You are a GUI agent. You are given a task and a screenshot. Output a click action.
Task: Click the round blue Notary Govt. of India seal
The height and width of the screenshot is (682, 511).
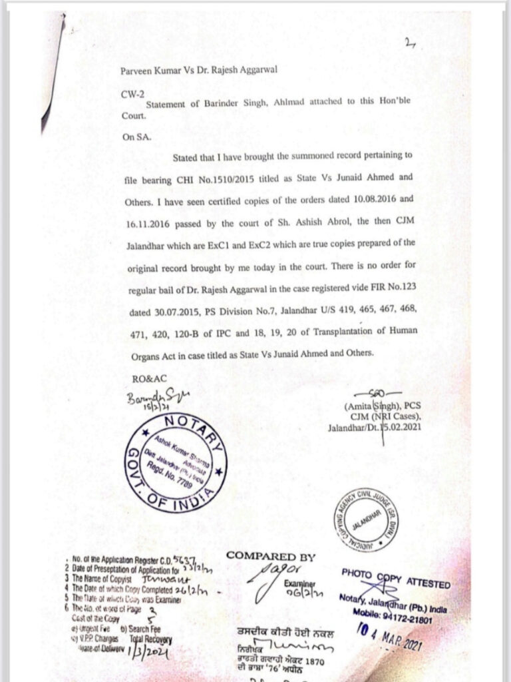(175, 465)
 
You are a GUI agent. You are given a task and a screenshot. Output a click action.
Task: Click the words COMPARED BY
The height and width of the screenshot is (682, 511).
(271, 556)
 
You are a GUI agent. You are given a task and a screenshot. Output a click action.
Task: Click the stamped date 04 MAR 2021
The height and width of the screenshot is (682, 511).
(389, 642)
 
